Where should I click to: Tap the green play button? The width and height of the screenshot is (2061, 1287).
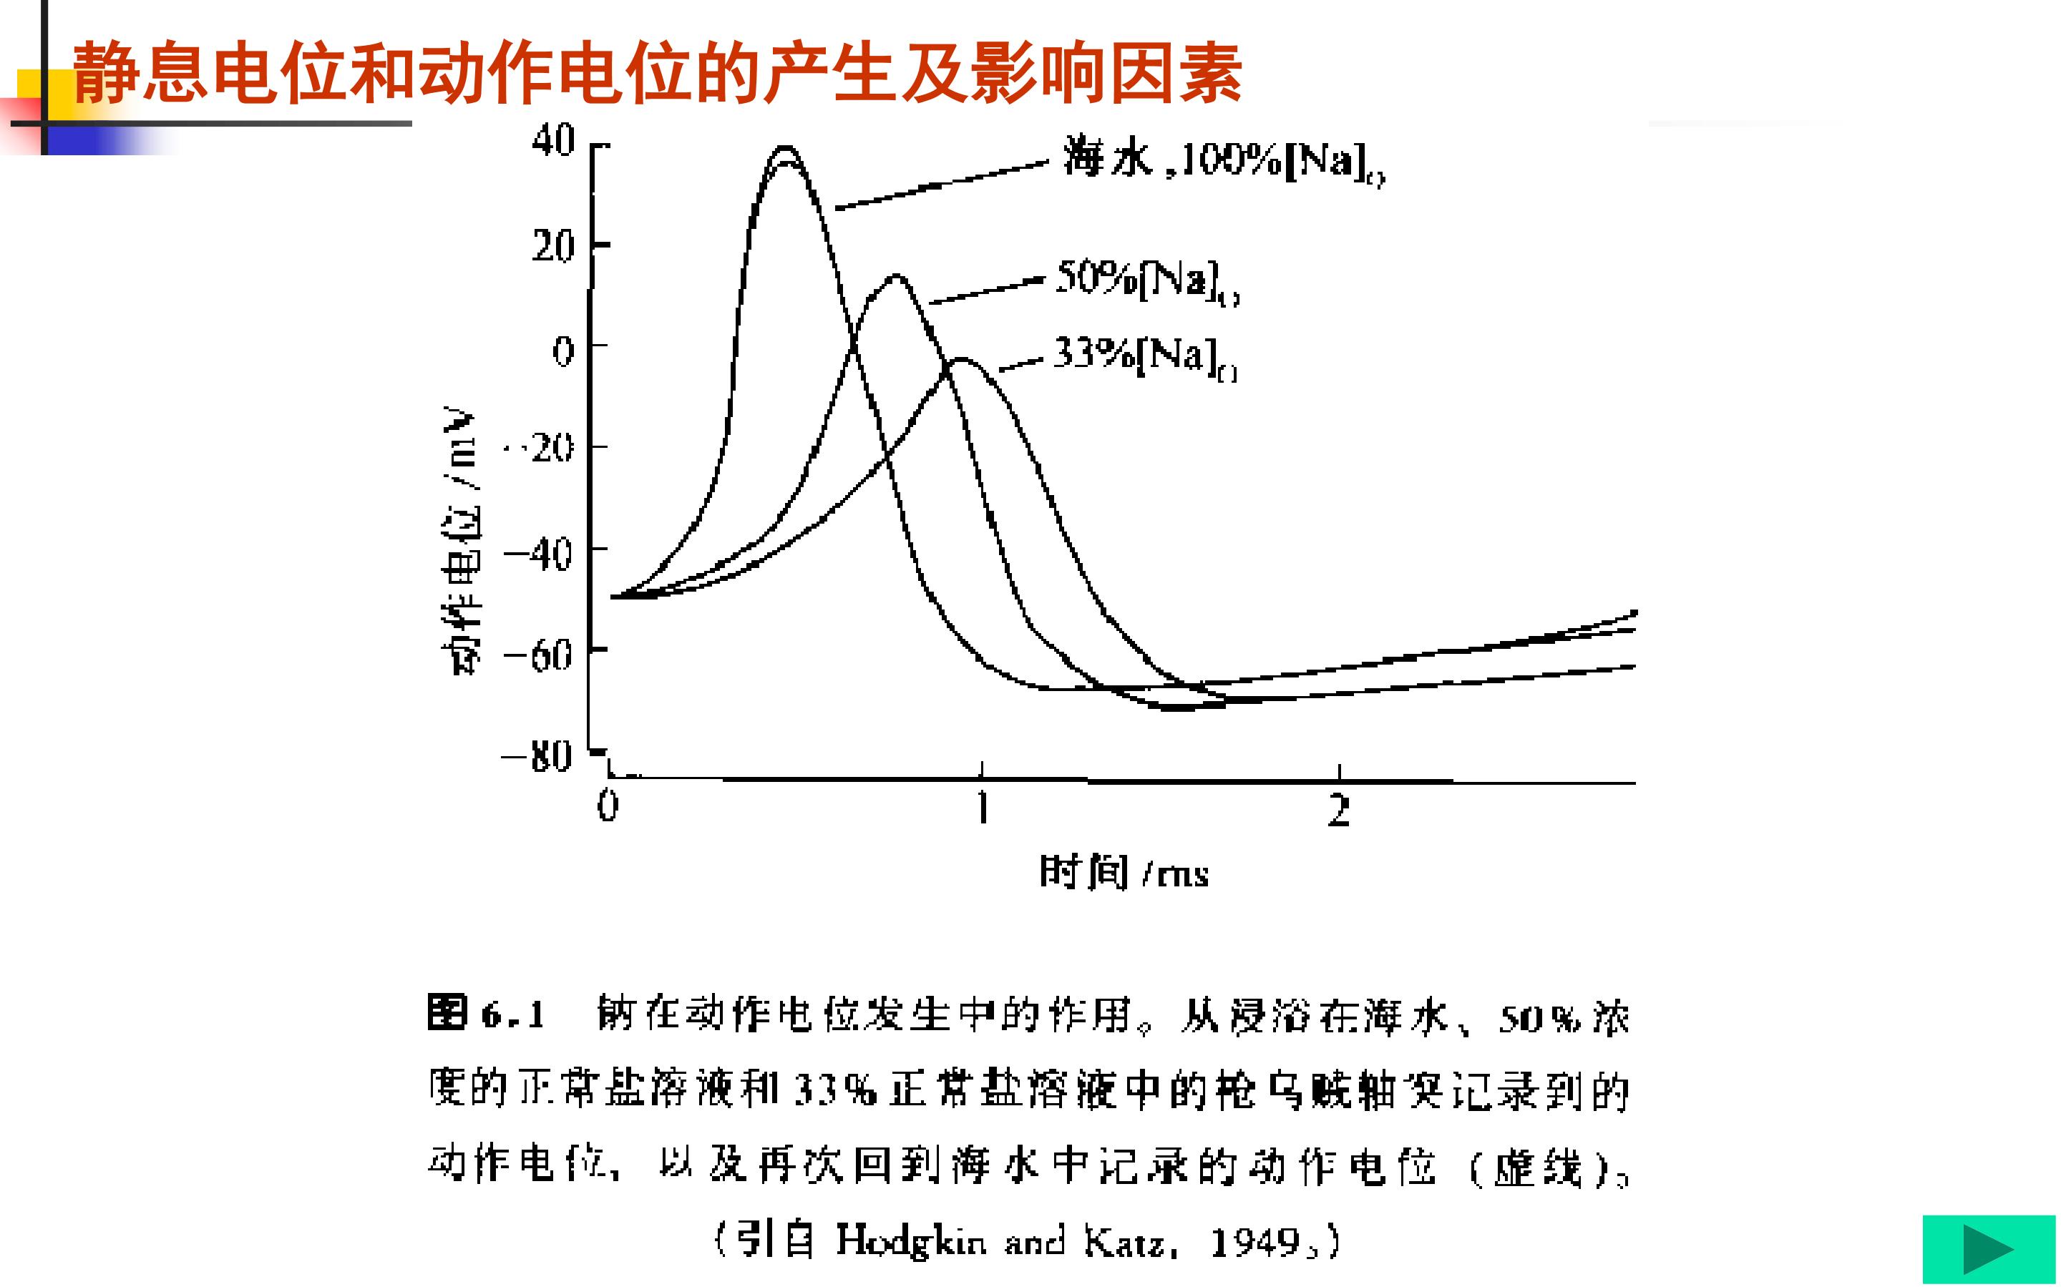1989,1248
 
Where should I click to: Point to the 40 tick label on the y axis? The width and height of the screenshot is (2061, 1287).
554,140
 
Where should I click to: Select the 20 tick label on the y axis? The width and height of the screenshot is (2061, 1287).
554,248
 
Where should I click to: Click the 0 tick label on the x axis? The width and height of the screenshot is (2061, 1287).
607,806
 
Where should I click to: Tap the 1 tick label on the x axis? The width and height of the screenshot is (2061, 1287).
983,807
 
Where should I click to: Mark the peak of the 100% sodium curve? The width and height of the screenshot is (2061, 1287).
785,149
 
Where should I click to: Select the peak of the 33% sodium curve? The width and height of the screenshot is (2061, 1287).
962,359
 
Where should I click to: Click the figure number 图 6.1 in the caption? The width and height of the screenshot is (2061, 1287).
486,1014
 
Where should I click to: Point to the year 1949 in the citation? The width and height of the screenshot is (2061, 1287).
1254,1243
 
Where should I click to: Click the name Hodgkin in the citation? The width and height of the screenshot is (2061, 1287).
911,1241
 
